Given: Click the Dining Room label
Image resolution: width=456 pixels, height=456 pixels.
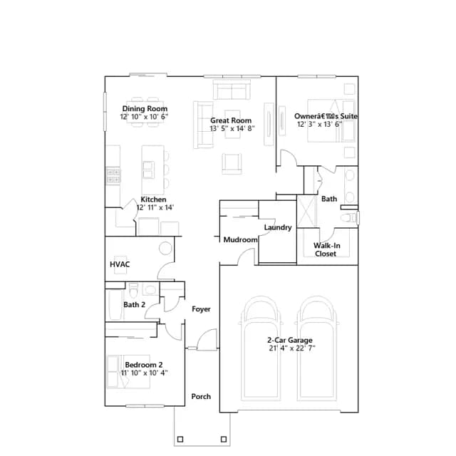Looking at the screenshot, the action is [145, 109].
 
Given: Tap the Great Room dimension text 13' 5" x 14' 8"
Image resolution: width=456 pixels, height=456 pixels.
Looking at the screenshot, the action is [232, 128].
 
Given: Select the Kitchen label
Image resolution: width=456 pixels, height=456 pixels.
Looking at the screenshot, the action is [154, 199].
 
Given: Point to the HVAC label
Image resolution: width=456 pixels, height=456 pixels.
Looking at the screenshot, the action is [120, 264].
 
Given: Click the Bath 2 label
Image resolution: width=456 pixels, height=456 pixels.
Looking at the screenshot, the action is [135, 305].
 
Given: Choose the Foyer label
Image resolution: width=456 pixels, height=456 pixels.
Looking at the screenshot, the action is [201, 309].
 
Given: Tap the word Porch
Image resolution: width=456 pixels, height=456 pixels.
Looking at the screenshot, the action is [201, 397].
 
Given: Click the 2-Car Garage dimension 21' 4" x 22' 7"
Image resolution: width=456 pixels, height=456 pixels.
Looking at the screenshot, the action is [292, 348].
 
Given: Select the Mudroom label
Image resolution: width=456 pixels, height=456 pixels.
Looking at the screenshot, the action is [241, 240].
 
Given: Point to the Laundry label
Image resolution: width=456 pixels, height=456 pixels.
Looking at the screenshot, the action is [278, 227].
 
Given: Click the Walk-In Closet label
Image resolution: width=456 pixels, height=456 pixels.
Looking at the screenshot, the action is [326, 249].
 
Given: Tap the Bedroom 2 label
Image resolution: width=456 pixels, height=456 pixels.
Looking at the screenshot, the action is [144, 365].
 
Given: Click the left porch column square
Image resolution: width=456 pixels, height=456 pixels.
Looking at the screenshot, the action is [180, 440].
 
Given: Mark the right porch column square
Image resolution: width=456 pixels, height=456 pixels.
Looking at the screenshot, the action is [224, 440].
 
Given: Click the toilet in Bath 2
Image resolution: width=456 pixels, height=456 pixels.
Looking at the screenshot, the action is [133, 291].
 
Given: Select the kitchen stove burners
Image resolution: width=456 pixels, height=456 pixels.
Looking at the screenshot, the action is [113, 176].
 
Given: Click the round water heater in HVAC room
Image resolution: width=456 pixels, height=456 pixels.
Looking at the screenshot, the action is [165, 249].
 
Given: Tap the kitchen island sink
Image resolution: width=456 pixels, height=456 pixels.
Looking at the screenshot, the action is [149, 170].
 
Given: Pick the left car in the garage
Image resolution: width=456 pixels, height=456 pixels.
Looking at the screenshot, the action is [261, 348].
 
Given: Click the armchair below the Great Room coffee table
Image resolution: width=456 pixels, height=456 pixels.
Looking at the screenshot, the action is [232, 164].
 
